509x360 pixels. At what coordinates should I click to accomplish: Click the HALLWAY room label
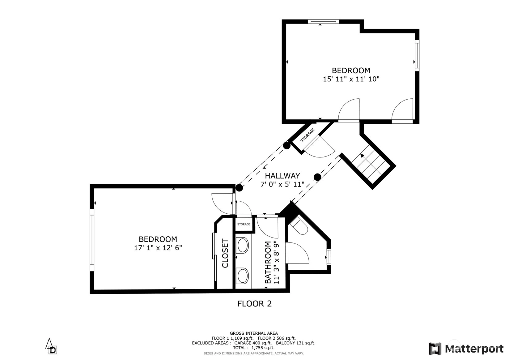coord(282,176)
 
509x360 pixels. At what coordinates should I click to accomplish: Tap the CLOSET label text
coord(225,253)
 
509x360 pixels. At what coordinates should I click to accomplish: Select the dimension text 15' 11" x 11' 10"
coord(351,79)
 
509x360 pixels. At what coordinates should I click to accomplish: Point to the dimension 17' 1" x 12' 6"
coord(158,248)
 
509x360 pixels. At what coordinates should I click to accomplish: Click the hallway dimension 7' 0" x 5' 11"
coord(282,184)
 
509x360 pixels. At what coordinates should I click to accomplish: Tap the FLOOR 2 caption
coord(255,304)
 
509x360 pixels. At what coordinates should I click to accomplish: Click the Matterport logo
coord(466,349)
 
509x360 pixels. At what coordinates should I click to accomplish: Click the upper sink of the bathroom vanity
coord(243,245)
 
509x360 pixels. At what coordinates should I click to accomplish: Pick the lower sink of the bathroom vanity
coord(243,276)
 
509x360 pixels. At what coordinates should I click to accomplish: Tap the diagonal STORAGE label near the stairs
coord(308,135)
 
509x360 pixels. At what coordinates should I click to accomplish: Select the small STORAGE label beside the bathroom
coord(244,224)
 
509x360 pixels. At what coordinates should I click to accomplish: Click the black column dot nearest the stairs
coord(317,177)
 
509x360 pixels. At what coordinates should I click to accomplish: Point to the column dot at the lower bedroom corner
coord(239,188)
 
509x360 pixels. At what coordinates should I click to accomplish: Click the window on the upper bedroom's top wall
coord(323,22)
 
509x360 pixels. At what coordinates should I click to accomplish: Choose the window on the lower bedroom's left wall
coord(92,240)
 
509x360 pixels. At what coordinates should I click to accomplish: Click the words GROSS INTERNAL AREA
coord(254,333)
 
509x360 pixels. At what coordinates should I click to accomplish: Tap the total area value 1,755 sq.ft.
coord(263,348)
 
